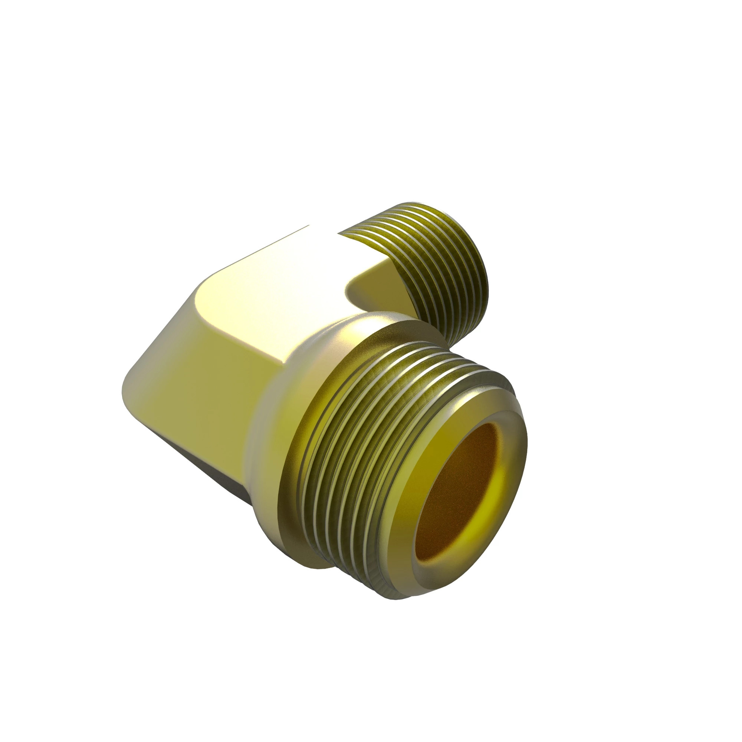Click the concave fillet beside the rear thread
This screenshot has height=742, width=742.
(x=365, y=288)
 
